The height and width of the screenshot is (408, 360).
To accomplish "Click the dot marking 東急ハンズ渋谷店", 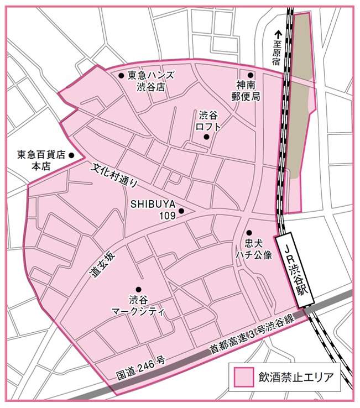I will (x=121, y=75).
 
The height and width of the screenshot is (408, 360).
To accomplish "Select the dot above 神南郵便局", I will (x=250, y=75).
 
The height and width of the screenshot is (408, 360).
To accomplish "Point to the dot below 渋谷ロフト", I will (x=206, y=137).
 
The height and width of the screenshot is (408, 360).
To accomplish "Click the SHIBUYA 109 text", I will (x=153, y=208).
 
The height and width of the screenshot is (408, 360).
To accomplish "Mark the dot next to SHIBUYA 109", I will (x=181, y=211).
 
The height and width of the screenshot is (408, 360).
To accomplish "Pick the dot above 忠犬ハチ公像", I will (x=249, y=233).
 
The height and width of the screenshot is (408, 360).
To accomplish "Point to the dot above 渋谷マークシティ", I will (x=138, y=289).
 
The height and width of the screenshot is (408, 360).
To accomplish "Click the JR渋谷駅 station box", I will (x=296, y=266).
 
